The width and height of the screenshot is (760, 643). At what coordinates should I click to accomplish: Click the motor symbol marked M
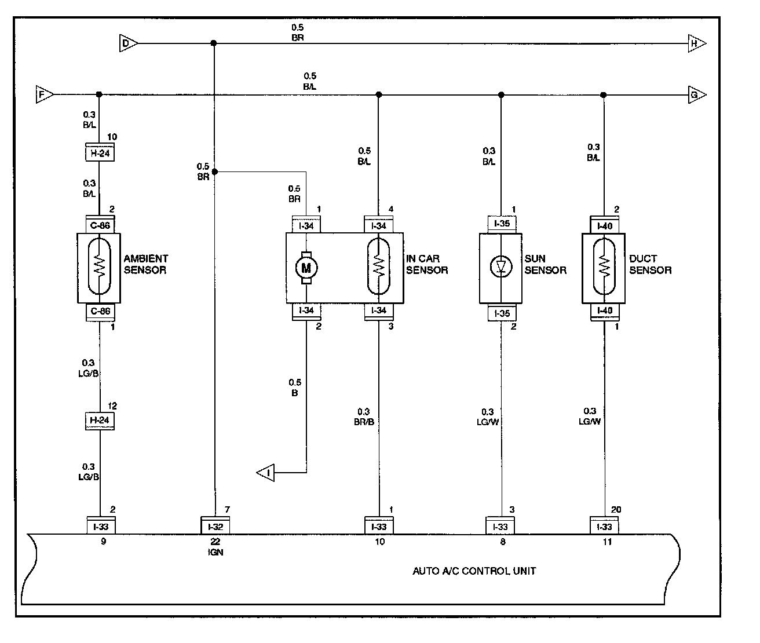(x=306, y=268)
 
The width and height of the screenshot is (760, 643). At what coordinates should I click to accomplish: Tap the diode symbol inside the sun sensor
(x=501, y=266)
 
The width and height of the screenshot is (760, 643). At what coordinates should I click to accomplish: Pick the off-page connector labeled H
(x=697, y=43)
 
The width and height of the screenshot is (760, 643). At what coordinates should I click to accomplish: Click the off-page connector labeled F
(x=45, y=94)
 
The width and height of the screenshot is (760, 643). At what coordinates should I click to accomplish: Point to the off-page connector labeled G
(x=697, y=95)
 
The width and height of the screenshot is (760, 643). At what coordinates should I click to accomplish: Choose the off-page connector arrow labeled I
(x=266, y=473)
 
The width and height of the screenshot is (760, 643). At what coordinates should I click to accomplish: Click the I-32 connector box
(x=215, y=526)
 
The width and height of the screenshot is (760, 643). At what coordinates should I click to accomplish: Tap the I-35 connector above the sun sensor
(x=502, y=224)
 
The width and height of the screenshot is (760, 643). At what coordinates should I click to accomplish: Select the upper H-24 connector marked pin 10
(x=100, y=152)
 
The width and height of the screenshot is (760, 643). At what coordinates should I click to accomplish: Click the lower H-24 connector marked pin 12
(x=100, y=421)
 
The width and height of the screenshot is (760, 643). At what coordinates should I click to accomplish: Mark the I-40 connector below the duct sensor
(x=605, y=312)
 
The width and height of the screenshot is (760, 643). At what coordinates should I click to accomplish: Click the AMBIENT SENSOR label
(x=145, y=264)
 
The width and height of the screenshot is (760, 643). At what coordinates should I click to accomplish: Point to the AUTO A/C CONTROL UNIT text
(x=474, y=571)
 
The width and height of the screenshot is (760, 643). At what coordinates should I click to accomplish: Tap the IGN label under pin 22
(x=215, y=552)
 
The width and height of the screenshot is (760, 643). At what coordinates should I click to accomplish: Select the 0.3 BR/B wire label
(x=364, y=417)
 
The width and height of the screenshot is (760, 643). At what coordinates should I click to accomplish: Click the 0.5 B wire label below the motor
(x=295, y=388)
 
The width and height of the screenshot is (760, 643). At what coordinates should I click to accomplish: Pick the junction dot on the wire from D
(x=214, y=43)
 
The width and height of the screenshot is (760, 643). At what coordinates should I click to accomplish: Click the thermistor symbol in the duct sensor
(x=604, y=266)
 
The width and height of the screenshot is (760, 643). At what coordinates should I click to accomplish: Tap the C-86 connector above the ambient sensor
(x=100, y=225)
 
